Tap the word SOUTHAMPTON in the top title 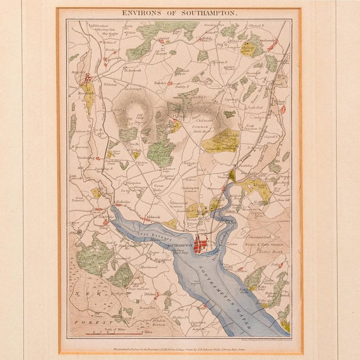(205, 11)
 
